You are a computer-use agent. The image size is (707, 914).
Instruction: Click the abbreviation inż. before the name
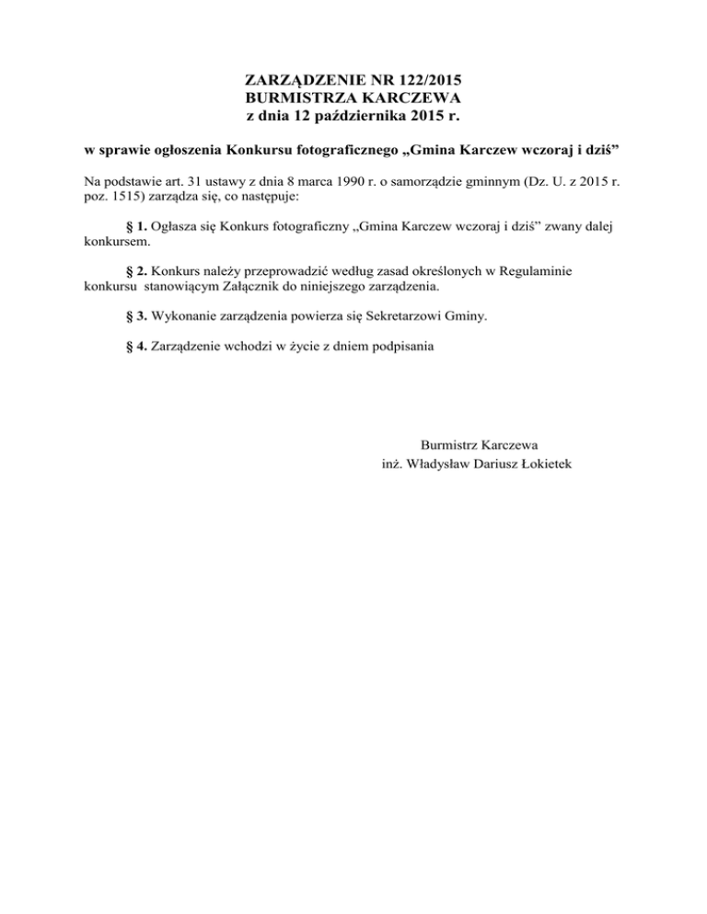[x=393, y=463]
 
